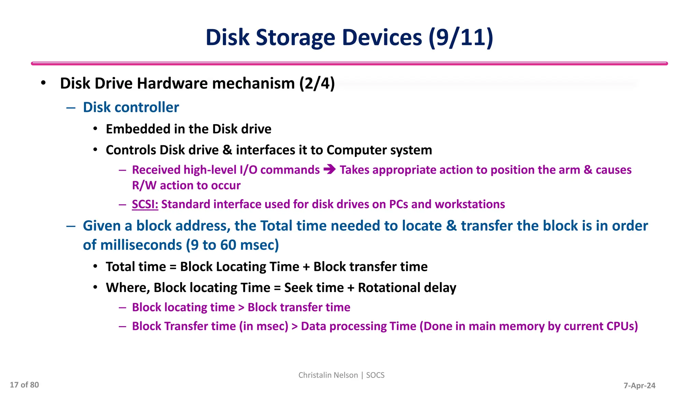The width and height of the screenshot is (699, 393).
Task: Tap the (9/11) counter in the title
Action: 461,38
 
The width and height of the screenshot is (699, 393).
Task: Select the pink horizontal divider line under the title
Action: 349,63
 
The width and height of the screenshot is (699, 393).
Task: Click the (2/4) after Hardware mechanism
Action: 317,84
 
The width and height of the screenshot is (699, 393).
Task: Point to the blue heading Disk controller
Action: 131,107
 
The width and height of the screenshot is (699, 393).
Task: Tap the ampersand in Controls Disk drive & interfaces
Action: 227,150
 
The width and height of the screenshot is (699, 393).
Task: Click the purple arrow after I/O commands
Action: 330,170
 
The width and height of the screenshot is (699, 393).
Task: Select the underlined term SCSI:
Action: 145,204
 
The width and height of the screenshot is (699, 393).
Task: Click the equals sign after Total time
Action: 173,267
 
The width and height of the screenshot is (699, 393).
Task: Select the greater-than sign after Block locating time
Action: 241,308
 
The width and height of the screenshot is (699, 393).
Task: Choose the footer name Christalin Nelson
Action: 328,375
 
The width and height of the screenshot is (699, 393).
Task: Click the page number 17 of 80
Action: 24,385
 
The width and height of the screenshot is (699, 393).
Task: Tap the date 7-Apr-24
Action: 639,386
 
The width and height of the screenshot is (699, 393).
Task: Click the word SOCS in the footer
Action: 375,375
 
